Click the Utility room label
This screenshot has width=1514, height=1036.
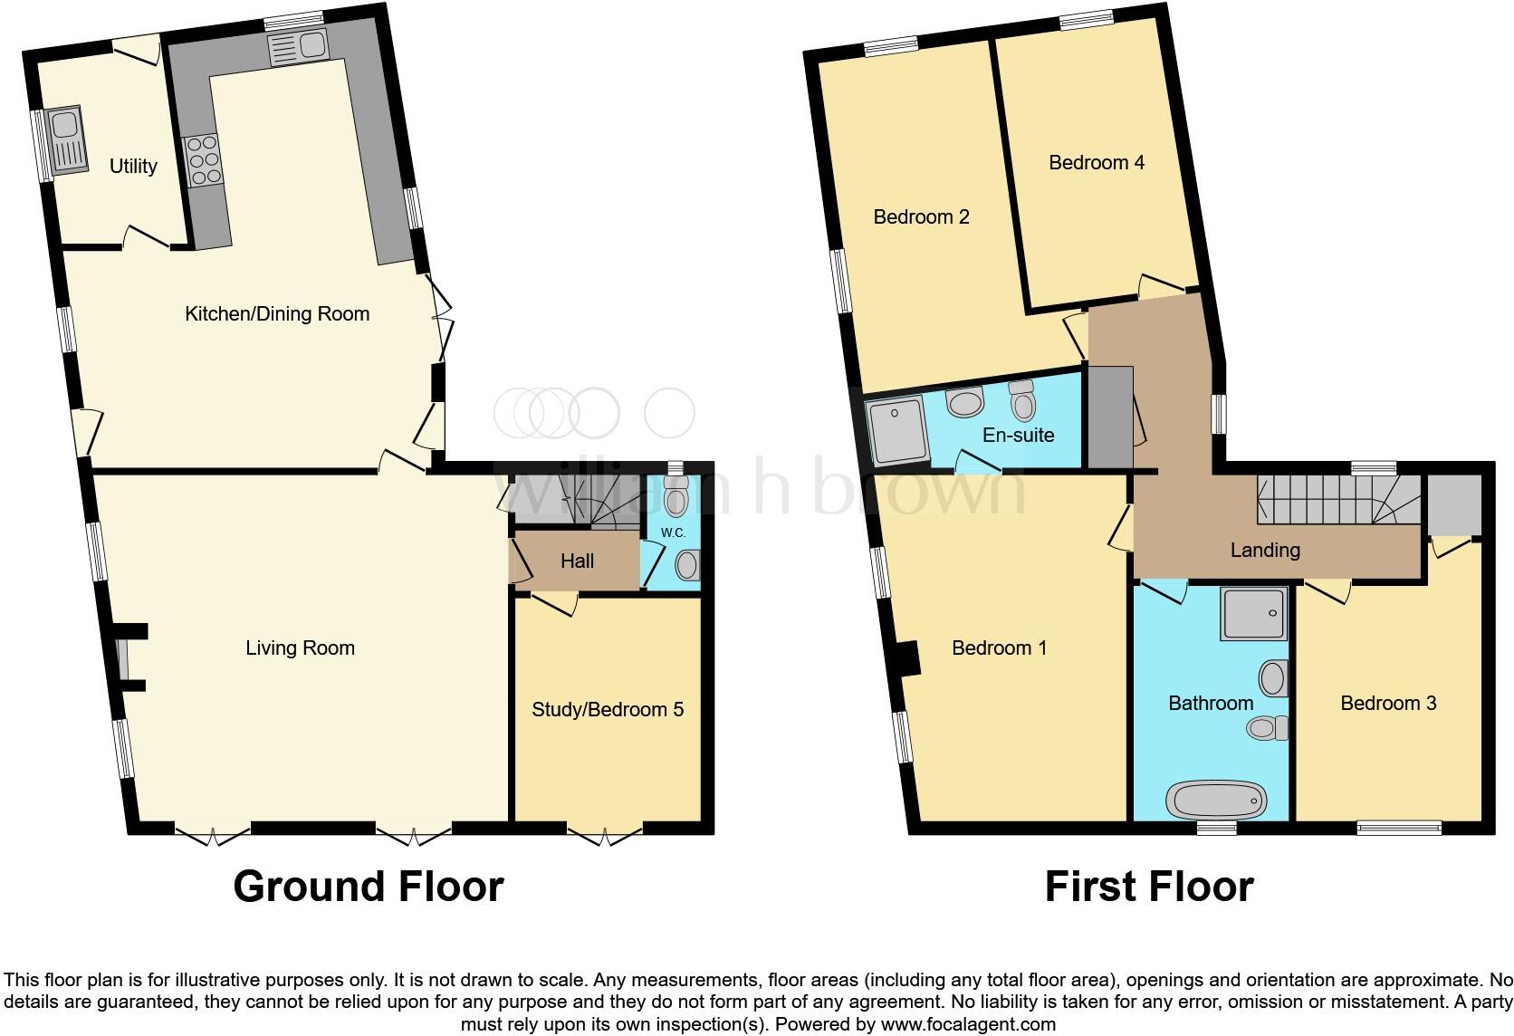pos(133,166)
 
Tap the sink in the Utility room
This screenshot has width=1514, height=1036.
pos(67,140)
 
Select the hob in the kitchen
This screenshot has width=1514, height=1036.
pos(203,160)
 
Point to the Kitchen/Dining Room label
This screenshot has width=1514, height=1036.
pos(277,314)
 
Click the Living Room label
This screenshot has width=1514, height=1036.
pos(300,647)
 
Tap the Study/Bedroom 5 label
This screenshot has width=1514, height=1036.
pos(607,709)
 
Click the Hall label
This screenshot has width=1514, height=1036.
pos(577,561)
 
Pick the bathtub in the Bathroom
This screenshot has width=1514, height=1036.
pos(1214,801)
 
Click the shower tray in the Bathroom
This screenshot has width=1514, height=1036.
pos(1253,614)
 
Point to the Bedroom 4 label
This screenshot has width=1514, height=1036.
pos(1096,162)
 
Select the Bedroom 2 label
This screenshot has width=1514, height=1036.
pos(921,216)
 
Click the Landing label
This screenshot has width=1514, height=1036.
pos(1265,550)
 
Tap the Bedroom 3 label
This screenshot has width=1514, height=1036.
pos(1388,703)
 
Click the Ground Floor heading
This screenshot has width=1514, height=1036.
pos(368,887)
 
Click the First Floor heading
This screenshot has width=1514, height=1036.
pos(1148,887)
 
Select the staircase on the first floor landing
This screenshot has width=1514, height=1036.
pos(1336,501)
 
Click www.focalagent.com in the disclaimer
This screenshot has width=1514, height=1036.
pos(967,1024)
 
